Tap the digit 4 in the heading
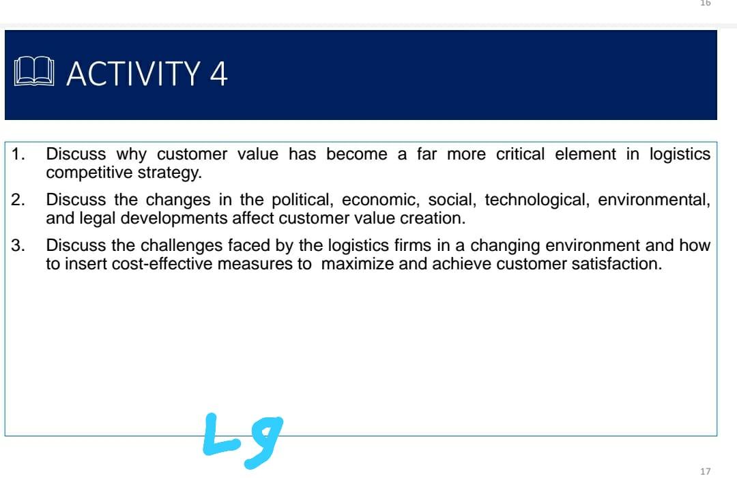[218, 74]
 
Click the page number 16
[705, 3]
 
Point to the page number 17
[705, 471]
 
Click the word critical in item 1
[520, 154]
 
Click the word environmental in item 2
[654, 200]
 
